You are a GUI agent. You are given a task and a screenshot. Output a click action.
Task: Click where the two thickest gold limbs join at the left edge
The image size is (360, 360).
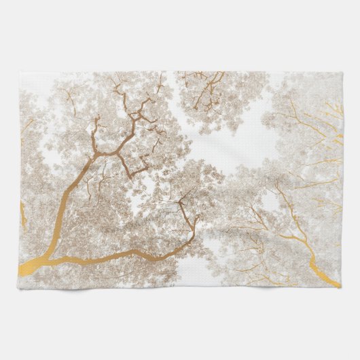pos(42,258)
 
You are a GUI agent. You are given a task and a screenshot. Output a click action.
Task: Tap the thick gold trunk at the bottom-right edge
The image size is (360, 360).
pos(319,262)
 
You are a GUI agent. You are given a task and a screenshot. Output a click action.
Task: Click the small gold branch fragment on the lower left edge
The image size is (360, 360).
pos(23,214)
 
